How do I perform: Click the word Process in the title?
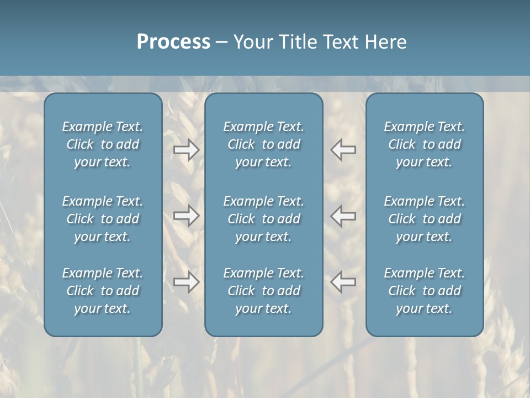pyautogui.click(x=173, y=42)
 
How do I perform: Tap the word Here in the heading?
pyautogui.click(x=385, y=42)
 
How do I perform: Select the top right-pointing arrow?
pyautogui.click(x=186, y=150)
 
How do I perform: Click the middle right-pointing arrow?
pyautogui.click(x=186, y=215)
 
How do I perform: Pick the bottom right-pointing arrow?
pyautogui.click(x=186, y=282)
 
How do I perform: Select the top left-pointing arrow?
pyautogui.click(x=343, y=150)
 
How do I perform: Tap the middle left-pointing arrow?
pyautogui.click(x=343, y=215)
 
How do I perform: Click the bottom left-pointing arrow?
pyautogui.click(x=343, y=282)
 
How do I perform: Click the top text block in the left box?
pyautogui.click(x=103, y=144)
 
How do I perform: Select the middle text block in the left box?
pyautogui.click(x=103, y=219)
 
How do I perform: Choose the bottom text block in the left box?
pyautogui.click(x=103, y=291)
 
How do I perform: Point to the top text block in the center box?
pyautogui.click(x=263, y=144)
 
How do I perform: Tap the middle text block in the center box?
pyautogui.click(x=263, y=219)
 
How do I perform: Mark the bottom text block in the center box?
pyautogui.click(x=263, y=291)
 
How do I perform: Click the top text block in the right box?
pyautogui.click(x=425, y=144)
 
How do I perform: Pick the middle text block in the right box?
pyautogui.click(x=425, y=219)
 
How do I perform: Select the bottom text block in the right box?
pyautogui.click(x=425, y=291)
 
